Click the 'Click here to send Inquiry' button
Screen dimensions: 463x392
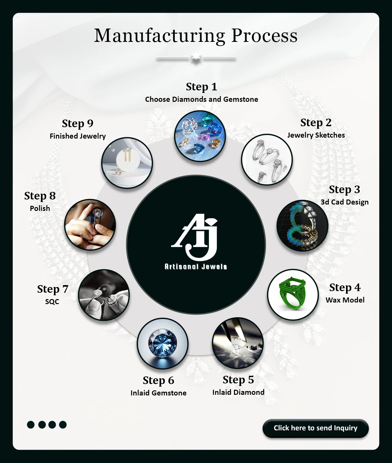tap(316, 428)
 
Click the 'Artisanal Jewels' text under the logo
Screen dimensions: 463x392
tap(196, 267)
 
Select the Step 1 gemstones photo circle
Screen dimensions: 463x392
tap(200, 136)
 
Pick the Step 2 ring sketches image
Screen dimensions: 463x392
tap(267, 160)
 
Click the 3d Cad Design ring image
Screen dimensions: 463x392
tap(302, 225)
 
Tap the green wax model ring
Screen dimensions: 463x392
tap(292, 295)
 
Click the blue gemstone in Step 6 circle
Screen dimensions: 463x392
tap(163, 343)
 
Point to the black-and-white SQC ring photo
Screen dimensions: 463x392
tap(104, 295)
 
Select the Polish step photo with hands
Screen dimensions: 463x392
tap(90, 225)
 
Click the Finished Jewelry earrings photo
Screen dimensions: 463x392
tap(127, 163)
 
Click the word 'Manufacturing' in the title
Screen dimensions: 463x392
tap(160, 36)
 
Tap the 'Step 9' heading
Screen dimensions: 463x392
tap(78, 123)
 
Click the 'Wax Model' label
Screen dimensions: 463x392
tap(345, 300)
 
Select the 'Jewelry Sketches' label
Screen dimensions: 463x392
tap(316, 135)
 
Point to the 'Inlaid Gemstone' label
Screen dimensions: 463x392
tap(159, 393)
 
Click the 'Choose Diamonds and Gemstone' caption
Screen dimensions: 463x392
tap(202, 99)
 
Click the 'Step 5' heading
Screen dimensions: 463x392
tap(238, 380)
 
